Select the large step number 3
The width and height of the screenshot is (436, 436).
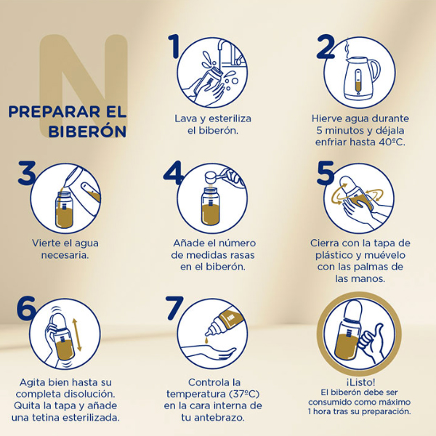[x=28, y=174]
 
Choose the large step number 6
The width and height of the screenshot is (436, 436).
[x=27, y=308]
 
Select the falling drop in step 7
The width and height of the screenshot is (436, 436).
[x=209, y=340]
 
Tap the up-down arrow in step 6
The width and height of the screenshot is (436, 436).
[x=78, y=336]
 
